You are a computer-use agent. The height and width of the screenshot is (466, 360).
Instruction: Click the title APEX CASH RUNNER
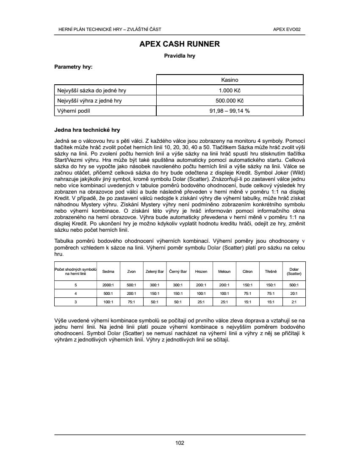[x=180, y=44]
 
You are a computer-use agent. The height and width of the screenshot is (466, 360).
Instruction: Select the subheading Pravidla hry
[x=180, y=55]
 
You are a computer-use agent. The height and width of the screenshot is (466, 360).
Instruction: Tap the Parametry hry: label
[x=73, y=67]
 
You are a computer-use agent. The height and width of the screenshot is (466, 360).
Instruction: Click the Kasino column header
[x=230, y=80]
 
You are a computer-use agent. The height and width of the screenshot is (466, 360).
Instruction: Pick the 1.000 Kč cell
[x=230, y=90]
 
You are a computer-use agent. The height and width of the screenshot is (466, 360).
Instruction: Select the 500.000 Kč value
[x=230, y=100]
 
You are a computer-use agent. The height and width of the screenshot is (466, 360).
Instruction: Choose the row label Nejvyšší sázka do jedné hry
[x=91, y=90]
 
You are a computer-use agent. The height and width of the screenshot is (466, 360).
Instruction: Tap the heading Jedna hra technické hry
[x=87, y=130]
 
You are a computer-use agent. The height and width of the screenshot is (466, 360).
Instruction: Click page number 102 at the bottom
[x=180, y=443]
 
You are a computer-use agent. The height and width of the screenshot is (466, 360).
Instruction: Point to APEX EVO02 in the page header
[x=290, y=29]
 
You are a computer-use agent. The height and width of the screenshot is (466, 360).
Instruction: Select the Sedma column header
[x=108, y=272]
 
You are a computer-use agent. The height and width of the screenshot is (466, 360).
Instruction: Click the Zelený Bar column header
[x=155, y=272]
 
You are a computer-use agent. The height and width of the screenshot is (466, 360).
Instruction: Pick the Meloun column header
[x=224, y=272]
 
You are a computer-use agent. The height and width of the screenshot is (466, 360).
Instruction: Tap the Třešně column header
[x=271, y=272]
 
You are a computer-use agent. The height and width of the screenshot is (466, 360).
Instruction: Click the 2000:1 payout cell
[x=108, y=285]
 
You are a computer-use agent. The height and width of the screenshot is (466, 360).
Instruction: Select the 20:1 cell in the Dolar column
[x=294, y=294]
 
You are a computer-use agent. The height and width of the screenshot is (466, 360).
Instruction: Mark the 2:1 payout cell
[x=294, y=302]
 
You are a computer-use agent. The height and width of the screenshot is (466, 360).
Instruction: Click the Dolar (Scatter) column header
[x=294, y=272]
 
